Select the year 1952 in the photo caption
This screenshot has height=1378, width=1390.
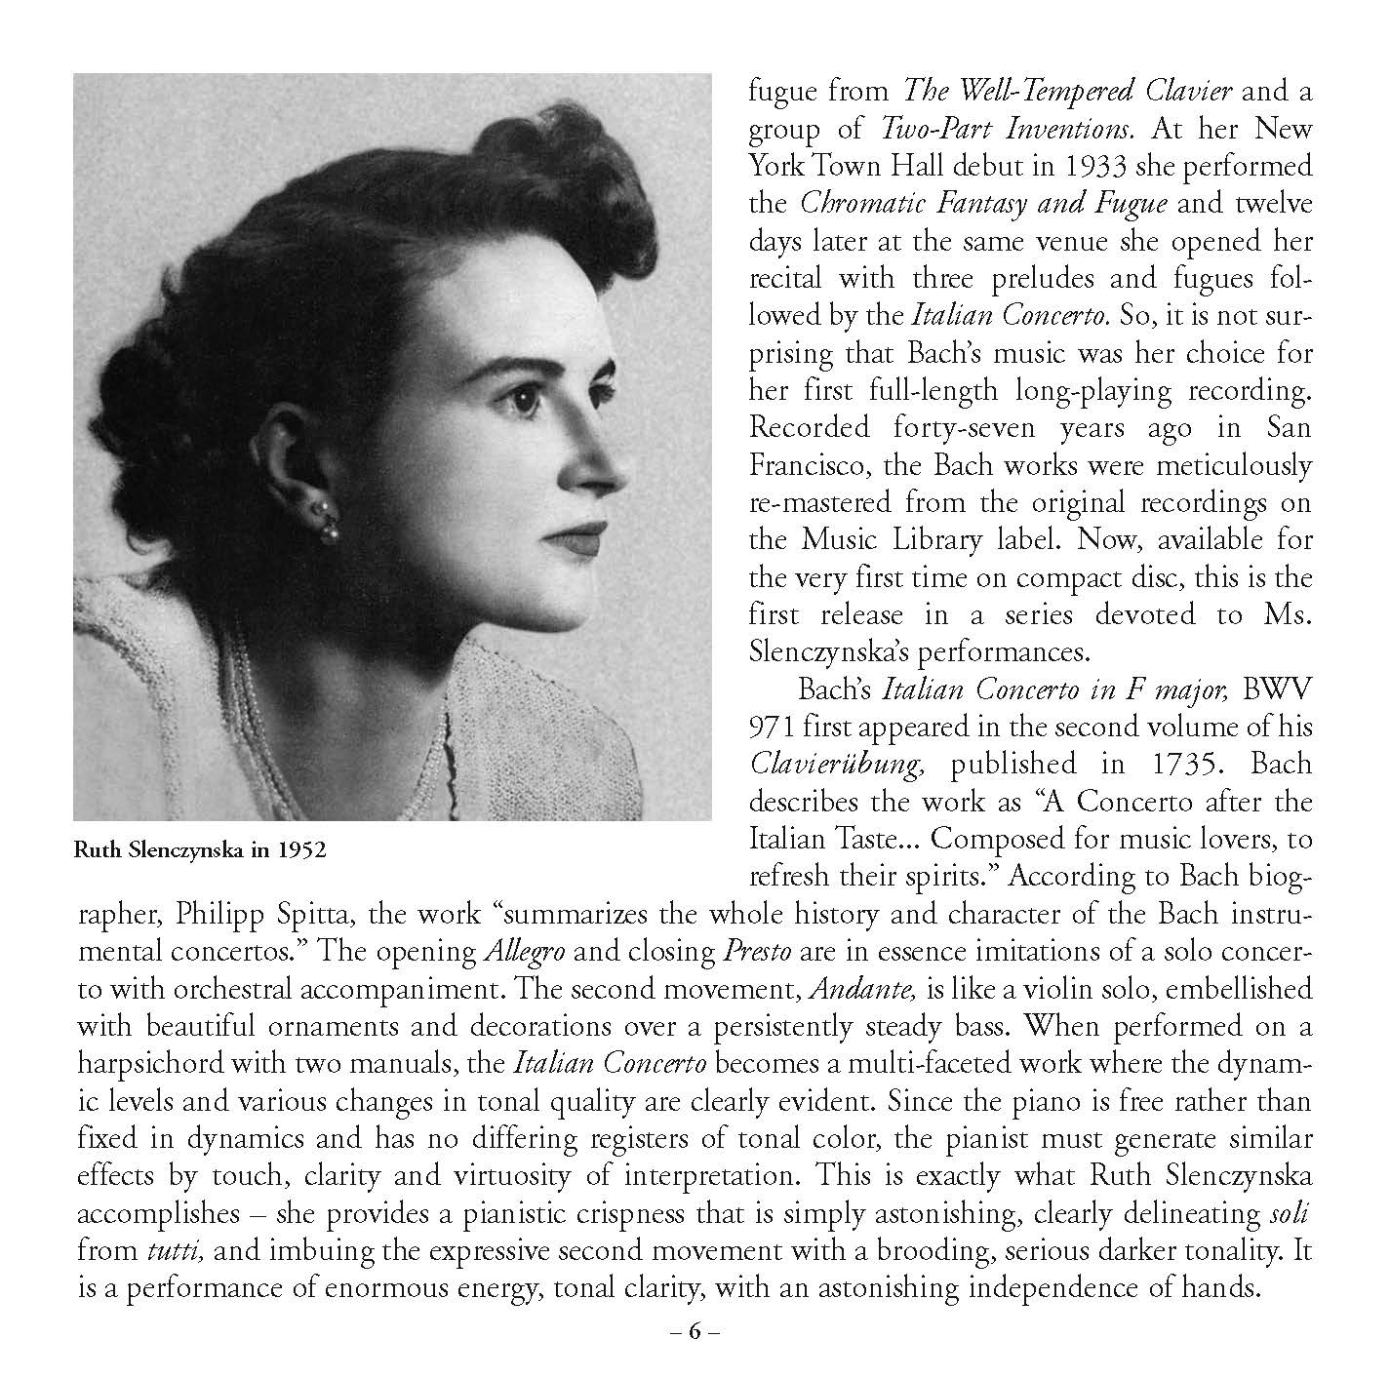pyautogui.click(x=300, y=849)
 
